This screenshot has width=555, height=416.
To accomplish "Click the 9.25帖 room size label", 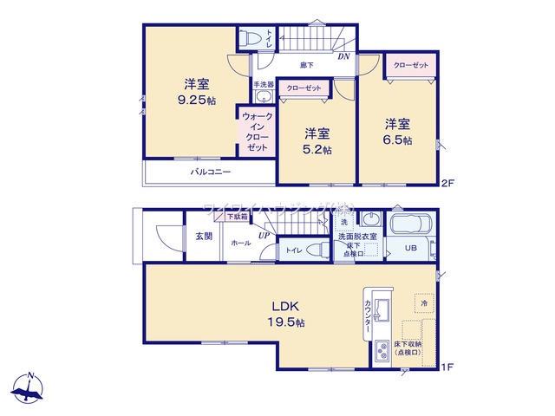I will coord(195,101).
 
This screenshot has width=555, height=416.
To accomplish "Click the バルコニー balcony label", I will coord(211,172).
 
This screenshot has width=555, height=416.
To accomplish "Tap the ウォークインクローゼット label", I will coord(257,133).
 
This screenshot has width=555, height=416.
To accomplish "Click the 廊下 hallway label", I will coord(307,65).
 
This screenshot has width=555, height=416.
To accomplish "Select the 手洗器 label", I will coord(264,85).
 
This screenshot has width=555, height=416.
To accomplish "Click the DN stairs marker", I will coord(343,58).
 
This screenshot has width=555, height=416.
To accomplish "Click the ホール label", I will coord(242,244).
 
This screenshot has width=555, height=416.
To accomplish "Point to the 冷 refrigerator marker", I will coord(424,304).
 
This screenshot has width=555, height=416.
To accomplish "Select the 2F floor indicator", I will coord(447,183).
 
